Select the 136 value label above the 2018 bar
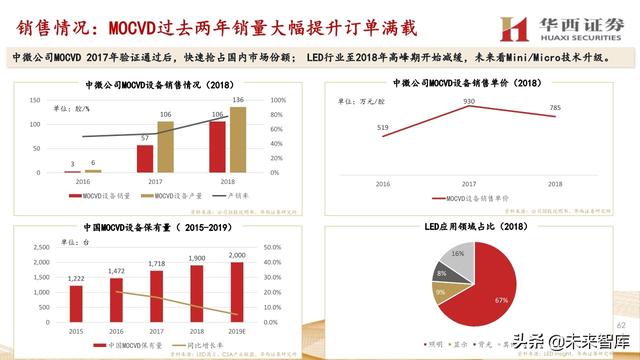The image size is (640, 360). pos(237,100)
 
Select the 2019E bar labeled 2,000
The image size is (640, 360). pos(238,287)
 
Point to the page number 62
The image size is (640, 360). pos(620,325)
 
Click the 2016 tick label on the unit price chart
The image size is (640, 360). pos(382,186)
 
